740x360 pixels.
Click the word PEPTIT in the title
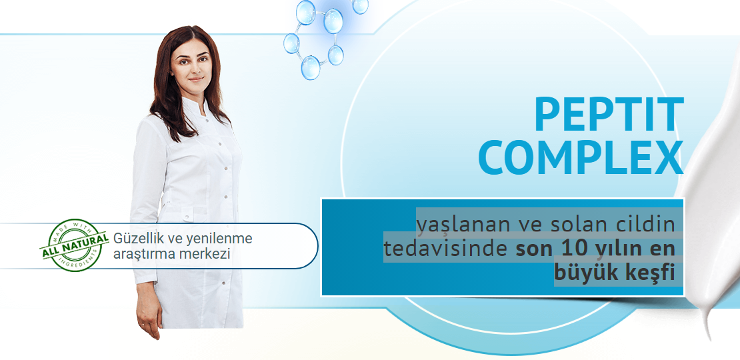pos(609,115)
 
